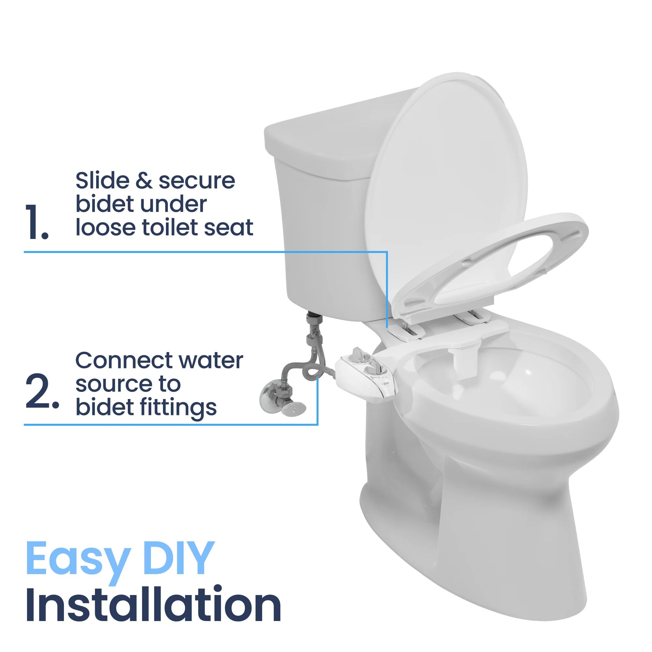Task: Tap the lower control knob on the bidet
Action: click(372, 366)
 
